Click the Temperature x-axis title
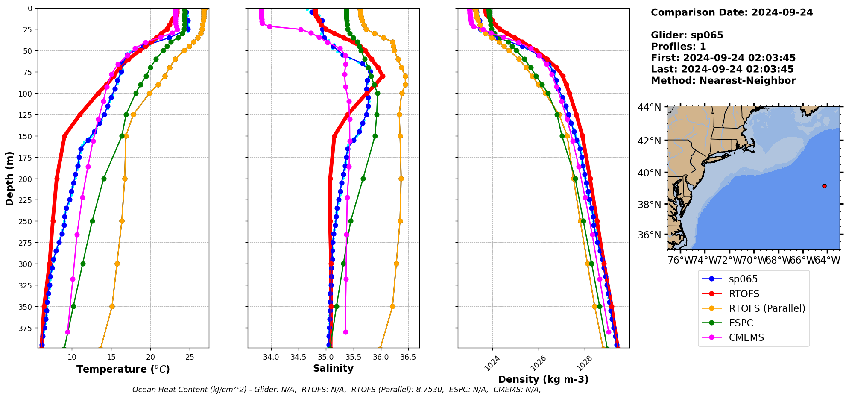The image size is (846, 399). tap(123, 369)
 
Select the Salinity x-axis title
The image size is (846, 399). tap(333, 368)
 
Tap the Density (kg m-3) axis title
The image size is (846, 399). tap(543, 379)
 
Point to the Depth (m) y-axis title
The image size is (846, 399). tap(9, 178)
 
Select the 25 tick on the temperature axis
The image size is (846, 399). tap(190, 357)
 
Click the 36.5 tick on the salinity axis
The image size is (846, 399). tap(408, 357)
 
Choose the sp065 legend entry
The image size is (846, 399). tap(743, 279)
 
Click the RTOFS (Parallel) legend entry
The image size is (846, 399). tap(767, 308)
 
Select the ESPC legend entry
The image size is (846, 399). tap(741, 323)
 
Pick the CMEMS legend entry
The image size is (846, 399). tap(746, 337)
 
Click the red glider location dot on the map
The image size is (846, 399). tap(824, 186)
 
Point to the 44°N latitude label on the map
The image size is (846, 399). tap(649, 107)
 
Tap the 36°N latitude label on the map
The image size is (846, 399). tap(649, 235)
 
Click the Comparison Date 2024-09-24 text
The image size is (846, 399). tap(732, 12)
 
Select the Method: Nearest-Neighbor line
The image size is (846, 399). tap(723, 81)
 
